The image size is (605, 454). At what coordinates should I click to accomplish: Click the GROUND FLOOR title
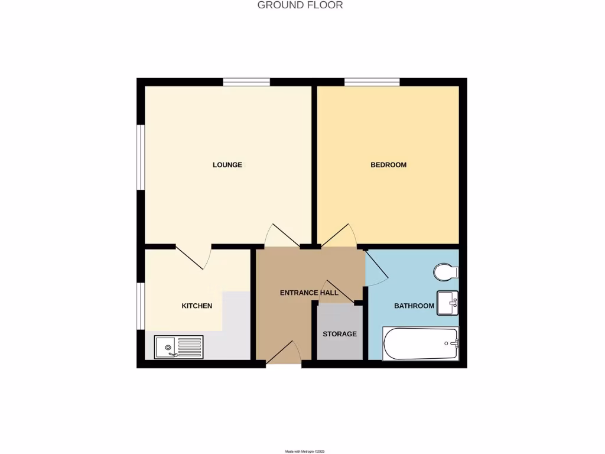click(x=300, y=5)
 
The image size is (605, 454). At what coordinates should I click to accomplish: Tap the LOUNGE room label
click(x=227, y=165)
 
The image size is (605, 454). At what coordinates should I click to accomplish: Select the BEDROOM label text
click(x=388, y=165)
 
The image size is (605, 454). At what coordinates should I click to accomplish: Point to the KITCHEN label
click(x=197, y=306)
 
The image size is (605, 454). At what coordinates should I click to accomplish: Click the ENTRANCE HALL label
click(x=309, y=293)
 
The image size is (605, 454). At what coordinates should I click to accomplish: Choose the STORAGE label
click(x=340, y=334)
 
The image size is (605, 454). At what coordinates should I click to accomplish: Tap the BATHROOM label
click(x=414, y=306)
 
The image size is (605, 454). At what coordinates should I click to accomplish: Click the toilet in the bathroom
click(x=446, y=273)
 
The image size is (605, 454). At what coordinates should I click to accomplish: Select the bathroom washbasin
click(x=448, y=303)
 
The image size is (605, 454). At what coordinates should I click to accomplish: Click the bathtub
click(x=421, y=343)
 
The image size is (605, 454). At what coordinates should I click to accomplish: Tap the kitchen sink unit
click(x=178, y=347)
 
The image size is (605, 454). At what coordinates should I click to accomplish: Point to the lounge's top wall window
click(x=246, y=82)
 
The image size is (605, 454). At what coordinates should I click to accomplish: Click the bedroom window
click(x=372, y=82)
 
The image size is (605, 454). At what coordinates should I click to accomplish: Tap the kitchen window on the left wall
click(x=141, y=305)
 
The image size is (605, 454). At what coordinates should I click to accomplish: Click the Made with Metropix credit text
click(x=305, y=451)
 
